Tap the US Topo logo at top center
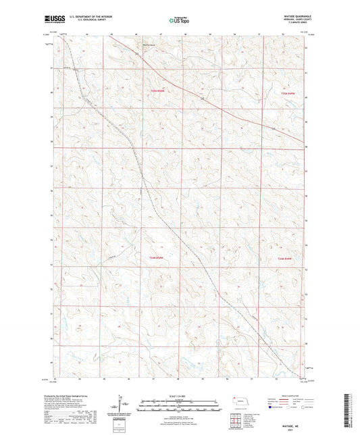pos(180,21)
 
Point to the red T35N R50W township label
pos(157,93)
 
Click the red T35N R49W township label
pos(289,93)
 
